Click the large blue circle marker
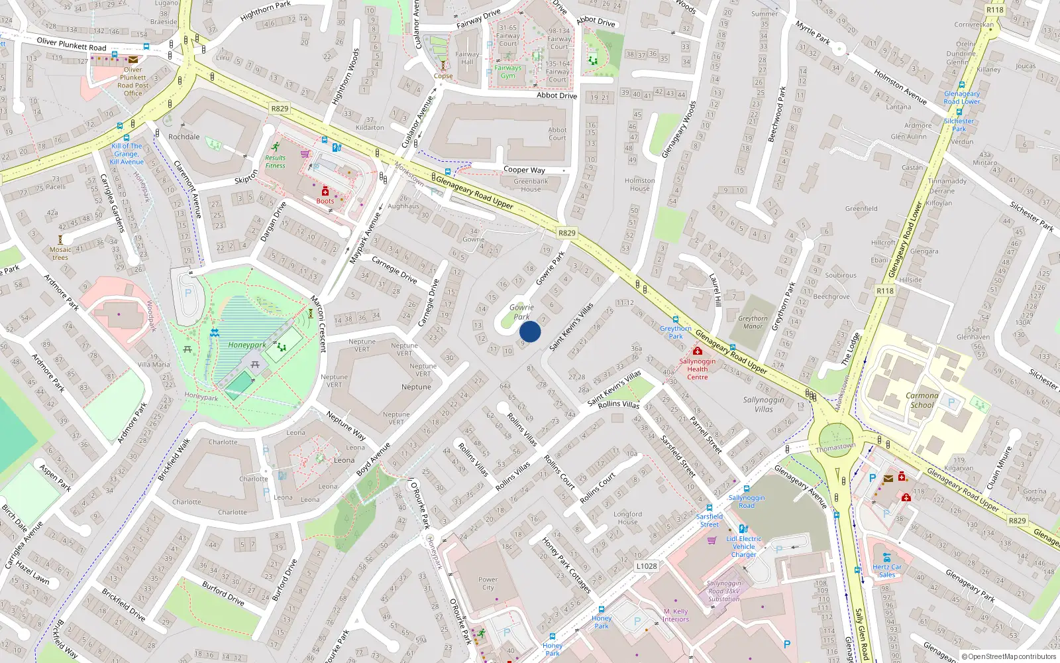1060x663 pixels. [x=530, y=331]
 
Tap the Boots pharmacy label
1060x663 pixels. [x=325, y=201]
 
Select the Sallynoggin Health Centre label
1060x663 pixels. [x=697, y=369]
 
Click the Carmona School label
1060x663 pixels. [x=922, y=400]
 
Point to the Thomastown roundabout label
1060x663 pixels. [x=835, y=447]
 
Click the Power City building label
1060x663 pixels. [x=488, y=583]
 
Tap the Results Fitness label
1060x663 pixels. [x=275, y=162]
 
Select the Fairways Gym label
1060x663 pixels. [x=508, y=72]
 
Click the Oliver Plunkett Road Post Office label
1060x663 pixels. [x=133, y=82]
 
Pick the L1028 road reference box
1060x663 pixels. [x=647, y=566]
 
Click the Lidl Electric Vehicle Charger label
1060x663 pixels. [x=743, y=546]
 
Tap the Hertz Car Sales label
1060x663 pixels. [x=887, y=571]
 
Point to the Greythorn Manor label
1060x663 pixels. [x=753, y=322]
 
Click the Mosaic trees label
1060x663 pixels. [x=60, y=253]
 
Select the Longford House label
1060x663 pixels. [x=627, y=518]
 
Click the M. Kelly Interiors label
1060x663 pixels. [x=676, y=615]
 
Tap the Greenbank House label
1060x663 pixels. [x=531, y=185]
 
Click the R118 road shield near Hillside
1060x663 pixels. [x=885, y=291]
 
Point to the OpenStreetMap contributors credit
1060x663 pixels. [x=1009, y=656]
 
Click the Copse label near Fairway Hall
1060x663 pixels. [x=443, y=76]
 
